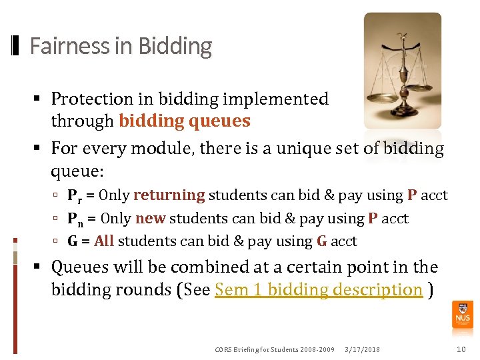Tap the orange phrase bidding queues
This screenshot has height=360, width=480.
(x=185, y=121)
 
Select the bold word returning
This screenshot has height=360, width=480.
(x=169, y=195)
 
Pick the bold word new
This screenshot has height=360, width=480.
(x=150, y=219)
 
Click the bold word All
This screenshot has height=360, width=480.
(x=104, y=241)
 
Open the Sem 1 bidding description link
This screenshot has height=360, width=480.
(x=319, y=290)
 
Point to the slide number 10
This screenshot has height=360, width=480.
(x=461, y=349)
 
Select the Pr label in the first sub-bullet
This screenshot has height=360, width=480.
(x=75, y=196)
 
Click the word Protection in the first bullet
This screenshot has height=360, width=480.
(x=92, y=99)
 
